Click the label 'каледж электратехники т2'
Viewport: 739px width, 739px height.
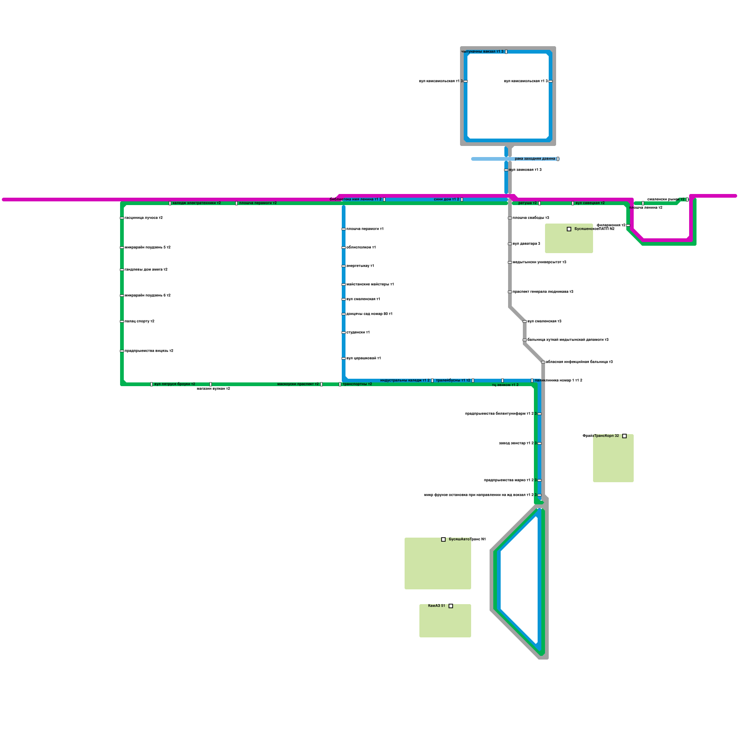tap(196, 203)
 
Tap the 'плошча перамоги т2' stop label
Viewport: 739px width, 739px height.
tap(258, 203)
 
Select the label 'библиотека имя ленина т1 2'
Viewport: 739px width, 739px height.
tap(356, 200)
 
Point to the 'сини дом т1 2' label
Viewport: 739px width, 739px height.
tap(446, 200)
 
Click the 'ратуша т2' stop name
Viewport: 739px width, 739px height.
tap(527, 203)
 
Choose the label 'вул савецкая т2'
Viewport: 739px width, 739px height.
tap(590, 203)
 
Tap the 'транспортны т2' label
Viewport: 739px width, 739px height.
tap(357, 384)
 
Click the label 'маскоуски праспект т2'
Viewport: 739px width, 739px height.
tap(298, 384)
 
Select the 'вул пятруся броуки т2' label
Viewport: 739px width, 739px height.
tap(175, 384)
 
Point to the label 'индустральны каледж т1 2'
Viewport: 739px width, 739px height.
tap(405, 381)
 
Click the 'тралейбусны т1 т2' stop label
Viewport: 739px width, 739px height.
tap(453, 381)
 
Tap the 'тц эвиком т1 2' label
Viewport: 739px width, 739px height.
tap(505, 385)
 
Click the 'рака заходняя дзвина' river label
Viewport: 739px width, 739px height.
tap(535, 159)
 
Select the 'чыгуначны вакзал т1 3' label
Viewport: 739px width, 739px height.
tap(482, 52)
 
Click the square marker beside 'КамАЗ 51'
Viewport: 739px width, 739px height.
tap(451, 606)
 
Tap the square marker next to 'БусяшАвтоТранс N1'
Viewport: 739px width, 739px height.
tap(443, 539)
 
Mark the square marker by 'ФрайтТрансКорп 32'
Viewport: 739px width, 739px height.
tap(624, 436)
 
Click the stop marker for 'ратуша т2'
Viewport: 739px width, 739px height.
tap(539, 203)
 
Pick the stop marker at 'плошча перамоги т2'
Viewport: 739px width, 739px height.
tap(236, 203)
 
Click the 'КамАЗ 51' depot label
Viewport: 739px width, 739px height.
tap(436, 606)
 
